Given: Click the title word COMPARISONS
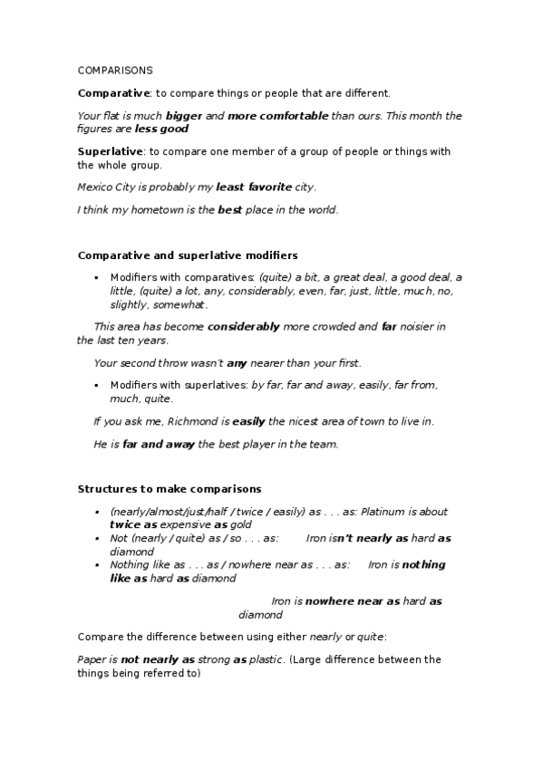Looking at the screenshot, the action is [x=115, y=70].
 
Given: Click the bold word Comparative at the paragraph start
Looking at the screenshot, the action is [x=113, y=92].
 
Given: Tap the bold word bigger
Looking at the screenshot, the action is [x=184, y=116].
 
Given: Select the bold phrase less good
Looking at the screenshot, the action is [x=161, y=129].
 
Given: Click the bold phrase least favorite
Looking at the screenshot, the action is [x=254, y=187].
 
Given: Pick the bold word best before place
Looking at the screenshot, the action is [x=231, y=210].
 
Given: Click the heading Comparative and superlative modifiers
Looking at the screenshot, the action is [x=188, y=255].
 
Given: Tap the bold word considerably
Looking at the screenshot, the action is [x=243, y=326].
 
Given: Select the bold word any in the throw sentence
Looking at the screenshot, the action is [x=237, y=363].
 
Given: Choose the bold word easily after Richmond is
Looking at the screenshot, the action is [x=247, y=421].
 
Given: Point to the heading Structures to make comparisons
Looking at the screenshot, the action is [x=170, y=489].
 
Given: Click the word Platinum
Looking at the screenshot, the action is [x=373, y=512].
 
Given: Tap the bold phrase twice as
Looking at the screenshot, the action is [x=134, y=524].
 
